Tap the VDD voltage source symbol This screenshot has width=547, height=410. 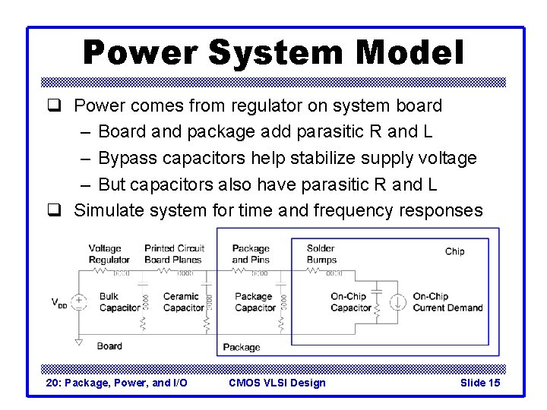point(79,302)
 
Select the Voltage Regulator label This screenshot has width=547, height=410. point(109,254)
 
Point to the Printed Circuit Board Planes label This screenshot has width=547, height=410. point(173,254)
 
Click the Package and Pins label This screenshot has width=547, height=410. point(251,254)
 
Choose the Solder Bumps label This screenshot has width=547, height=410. point(321,254)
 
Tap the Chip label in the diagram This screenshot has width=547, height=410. point(454,251)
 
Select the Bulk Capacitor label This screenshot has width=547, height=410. point(119,302)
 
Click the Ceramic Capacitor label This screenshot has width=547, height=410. point(183,302)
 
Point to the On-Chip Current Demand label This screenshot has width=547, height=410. point(447,302)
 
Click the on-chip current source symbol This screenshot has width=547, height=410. point(397,302)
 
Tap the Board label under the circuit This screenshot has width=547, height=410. point(109,346)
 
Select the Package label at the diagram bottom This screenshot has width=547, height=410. point(241,347)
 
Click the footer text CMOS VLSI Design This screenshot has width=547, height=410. point(277,383)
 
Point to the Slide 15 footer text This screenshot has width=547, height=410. point(480,383)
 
